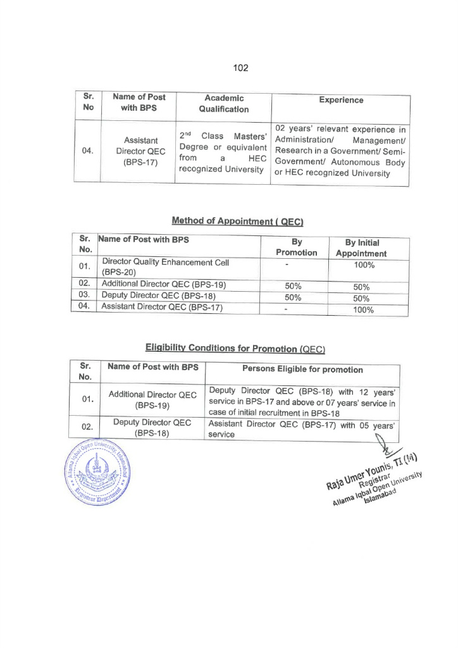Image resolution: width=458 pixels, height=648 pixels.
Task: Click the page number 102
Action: [240, 68]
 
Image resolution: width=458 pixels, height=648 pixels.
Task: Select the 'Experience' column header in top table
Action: [341, 100]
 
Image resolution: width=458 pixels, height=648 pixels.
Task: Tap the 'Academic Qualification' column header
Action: [224, 103]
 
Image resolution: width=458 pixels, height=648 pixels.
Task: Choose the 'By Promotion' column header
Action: [296, 247]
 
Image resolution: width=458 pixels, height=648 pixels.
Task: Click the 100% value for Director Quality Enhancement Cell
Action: [364, 265]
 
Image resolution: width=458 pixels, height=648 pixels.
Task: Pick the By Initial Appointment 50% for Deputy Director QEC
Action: [361, 298]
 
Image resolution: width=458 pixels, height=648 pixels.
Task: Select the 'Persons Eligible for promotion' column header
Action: [302, 370]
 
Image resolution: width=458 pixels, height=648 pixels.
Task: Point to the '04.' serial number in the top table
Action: [88, 152]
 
